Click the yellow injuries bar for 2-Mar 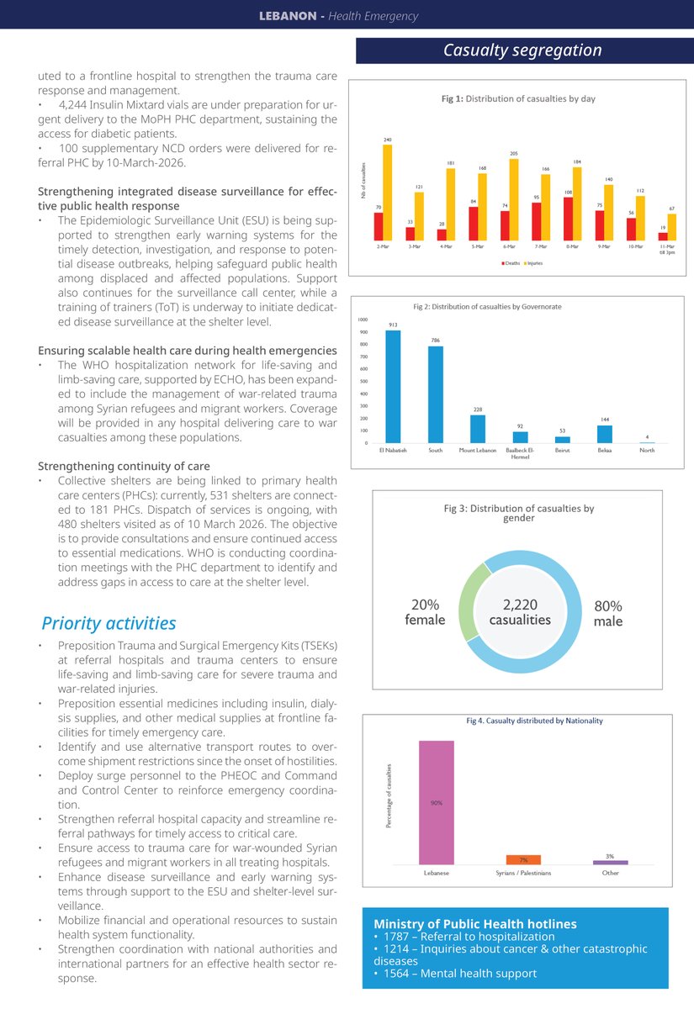[387, 193]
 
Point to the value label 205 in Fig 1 [514, 153]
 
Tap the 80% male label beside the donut [607, 612]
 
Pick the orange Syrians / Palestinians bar [522, 859]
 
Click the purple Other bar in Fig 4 [610, 862]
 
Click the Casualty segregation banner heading [522, 50]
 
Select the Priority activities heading [109, 623]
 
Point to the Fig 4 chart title [534, 721]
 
